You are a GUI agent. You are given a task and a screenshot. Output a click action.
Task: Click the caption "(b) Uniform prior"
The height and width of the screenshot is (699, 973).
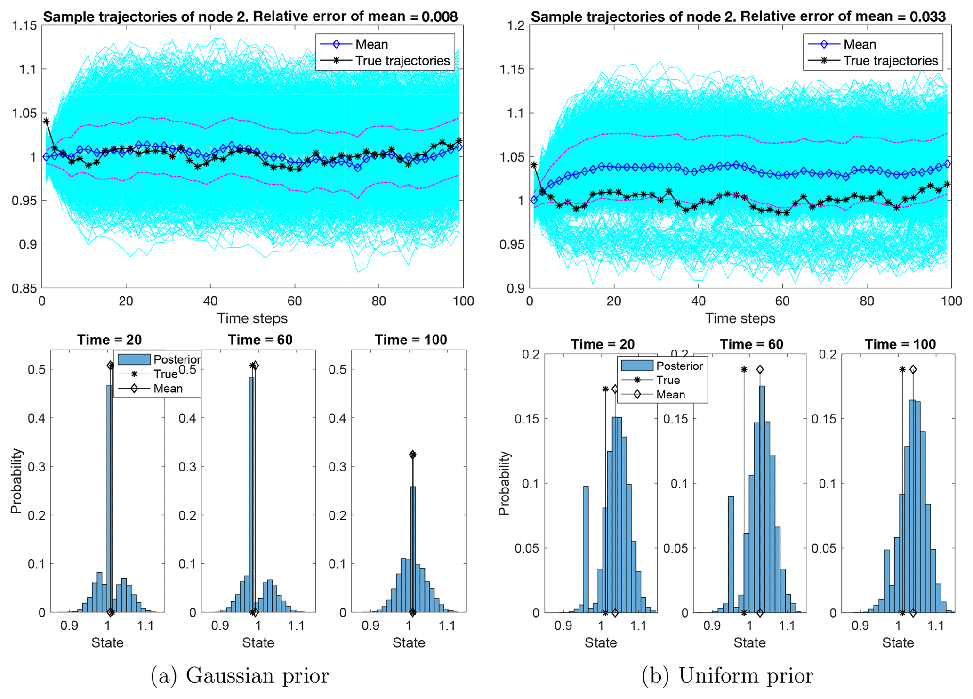727,675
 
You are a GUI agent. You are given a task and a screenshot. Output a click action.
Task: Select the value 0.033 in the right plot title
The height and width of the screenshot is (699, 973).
928,17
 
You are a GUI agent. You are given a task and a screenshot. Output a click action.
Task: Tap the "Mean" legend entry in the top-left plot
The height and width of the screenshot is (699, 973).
371,44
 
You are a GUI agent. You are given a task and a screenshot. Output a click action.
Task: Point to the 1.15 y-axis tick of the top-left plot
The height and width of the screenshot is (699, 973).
24,25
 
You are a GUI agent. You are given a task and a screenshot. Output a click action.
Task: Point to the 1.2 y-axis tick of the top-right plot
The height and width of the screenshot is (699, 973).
515,25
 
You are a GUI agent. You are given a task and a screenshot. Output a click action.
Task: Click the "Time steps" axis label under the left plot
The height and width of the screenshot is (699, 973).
252,318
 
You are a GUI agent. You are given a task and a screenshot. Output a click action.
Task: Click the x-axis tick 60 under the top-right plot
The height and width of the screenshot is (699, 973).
782,301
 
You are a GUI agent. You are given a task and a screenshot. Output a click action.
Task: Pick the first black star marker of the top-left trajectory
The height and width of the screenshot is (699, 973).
46,121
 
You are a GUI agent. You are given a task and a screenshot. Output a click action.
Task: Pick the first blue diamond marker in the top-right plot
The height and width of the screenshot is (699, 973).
534,200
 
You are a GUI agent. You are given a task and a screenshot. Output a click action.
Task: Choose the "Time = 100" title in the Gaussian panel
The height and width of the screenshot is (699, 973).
410,340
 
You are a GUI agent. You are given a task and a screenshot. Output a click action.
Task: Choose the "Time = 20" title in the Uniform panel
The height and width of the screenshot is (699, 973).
603,344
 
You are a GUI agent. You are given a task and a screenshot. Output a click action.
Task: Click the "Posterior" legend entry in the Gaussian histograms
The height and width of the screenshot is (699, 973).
177,359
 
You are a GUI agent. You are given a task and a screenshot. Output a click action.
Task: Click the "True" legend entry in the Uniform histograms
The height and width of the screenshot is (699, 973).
668,380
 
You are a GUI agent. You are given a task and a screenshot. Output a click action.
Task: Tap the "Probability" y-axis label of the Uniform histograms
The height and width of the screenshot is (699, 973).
504,483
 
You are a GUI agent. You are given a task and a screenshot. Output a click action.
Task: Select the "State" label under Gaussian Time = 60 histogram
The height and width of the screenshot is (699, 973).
258,643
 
